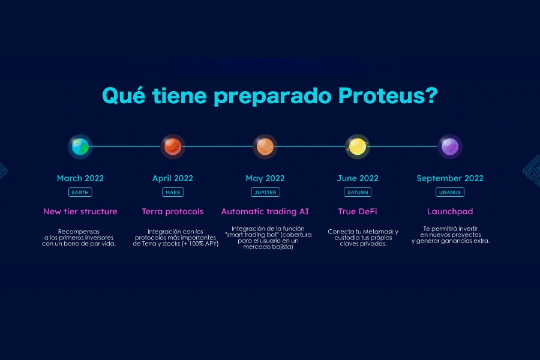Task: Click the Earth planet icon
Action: click(x=80, y=146)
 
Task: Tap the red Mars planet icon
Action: click(x=173, y=146)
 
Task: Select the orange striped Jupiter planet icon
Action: click(x=265, y=146)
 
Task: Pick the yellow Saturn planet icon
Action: click(x=358, y=146)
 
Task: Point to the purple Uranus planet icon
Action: click(x=450, y=146)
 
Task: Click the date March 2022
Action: click(x=80, y=178)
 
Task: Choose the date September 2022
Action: click(x=450, y=178)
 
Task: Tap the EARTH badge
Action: click(x=80, y=192)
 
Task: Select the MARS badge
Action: click(x=173, y=192)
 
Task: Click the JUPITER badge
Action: click(x=265, y=192)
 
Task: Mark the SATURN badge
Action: click(x=358, y=192)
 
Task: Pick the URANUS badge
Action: click(x=450, y=192)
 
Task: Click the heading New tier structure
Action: click(x=80, y=211)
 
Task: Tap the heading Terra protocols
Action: click(x=173, y=212)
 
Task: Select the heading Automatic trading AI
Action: click(x=265, y=212)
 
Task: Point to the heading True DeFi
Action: click(x=358, y=211)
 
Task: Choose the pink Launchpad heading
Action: click(x=450, y=212)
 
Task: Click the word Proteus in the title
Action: click(x=388, y=95)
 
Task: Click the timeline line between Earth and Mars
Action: click(x=127, y=146)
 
